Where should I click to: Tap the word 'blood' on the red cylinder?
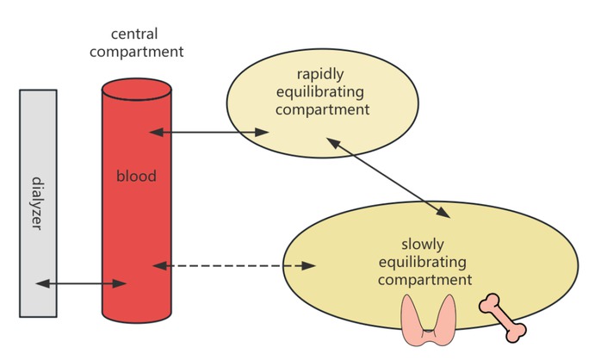(x=136, y=177)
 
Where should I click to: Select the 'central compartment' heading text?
(x=146, y=42)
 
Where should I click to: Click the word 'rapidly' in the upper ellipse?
(x=320, y=74)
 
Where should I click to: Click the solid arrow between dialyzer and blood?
(x=82, y=283)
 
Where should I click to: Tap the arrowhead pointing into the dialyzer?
(x=40, y=283)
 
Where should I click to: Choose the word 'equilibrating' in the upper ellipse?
(x=320, y=91)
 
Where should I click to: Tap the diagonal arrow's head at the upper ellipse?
(x=330, y=143)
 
